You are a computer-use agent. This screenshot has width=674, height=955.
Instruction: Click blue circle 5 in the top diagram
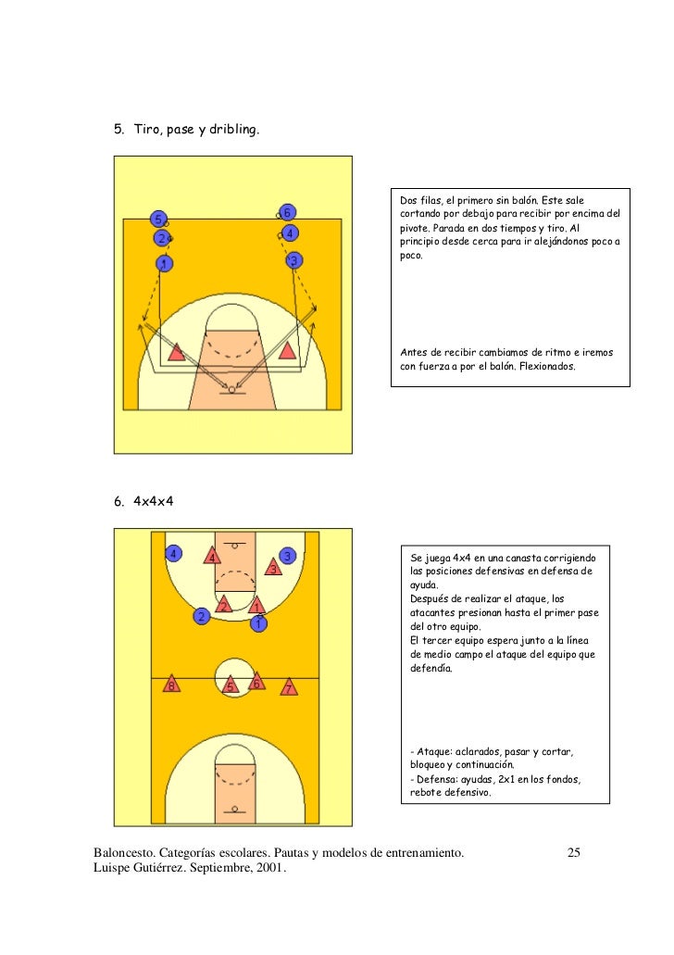pos(159,220)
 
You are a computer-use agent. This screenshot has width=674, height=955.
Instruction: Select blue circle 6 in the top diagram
pos(288,211)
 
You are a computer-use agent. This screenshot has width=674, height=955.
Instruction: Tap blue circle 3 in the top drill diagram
pos(293,261)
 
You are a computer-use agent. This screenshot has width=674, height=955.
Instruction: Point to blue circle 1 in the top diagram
pos(163,265)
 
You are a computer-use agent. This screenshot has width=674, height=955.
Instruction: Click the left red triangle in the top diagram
pos(176,351)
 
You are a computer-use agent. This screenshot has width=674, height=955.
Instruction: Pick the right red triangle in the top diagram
pos(287,350)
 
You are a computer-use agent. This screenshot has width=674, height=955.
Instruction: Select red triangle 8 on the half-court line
pos(169,686)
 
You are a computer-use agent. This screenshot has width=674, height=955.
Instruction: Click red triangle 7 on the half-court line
pos(289,689)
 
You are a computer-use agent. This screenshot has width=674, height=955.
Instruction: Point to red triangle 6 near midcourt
pos(256,684)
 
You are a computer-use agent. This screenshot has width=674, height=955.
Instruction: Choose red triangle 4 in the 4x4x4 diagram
pos(211,558)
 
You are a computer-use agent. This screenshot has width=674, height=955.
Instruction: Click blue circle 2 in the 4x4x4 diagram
pos(200,616)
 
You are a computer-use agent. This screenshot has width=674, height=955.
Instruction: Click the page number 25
pos(573,852)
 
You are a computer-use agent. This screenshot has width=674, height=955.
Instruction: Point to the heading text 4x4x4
pos(154,501)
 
